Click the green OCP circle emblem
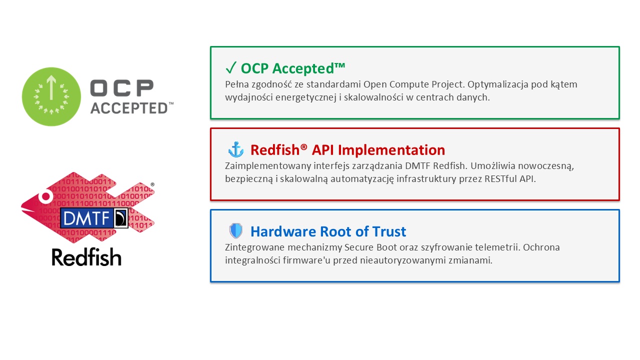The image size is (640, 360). [51, 96]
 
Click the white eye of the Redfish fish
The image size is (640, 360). [45, 196]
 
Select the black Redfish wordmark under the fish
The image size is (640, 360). [86, 257]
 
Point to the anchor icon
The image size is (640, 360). [235, 149]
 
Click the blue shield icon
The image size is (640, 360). [235, 231]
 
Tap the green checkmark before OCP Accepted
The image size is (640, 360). [231, 68]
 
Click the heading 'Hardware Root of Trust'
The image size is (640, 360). [328, 231]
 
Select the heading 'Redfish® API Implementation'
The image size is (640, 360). [347, 150]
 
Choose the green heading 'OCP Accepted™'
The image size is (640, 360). [293, 68]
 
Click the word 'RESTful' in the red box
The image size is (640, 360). [497, 178]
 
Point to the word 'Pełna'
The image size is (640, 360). [237, 84]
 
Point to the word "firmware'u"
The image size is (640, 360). [297, 260]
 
